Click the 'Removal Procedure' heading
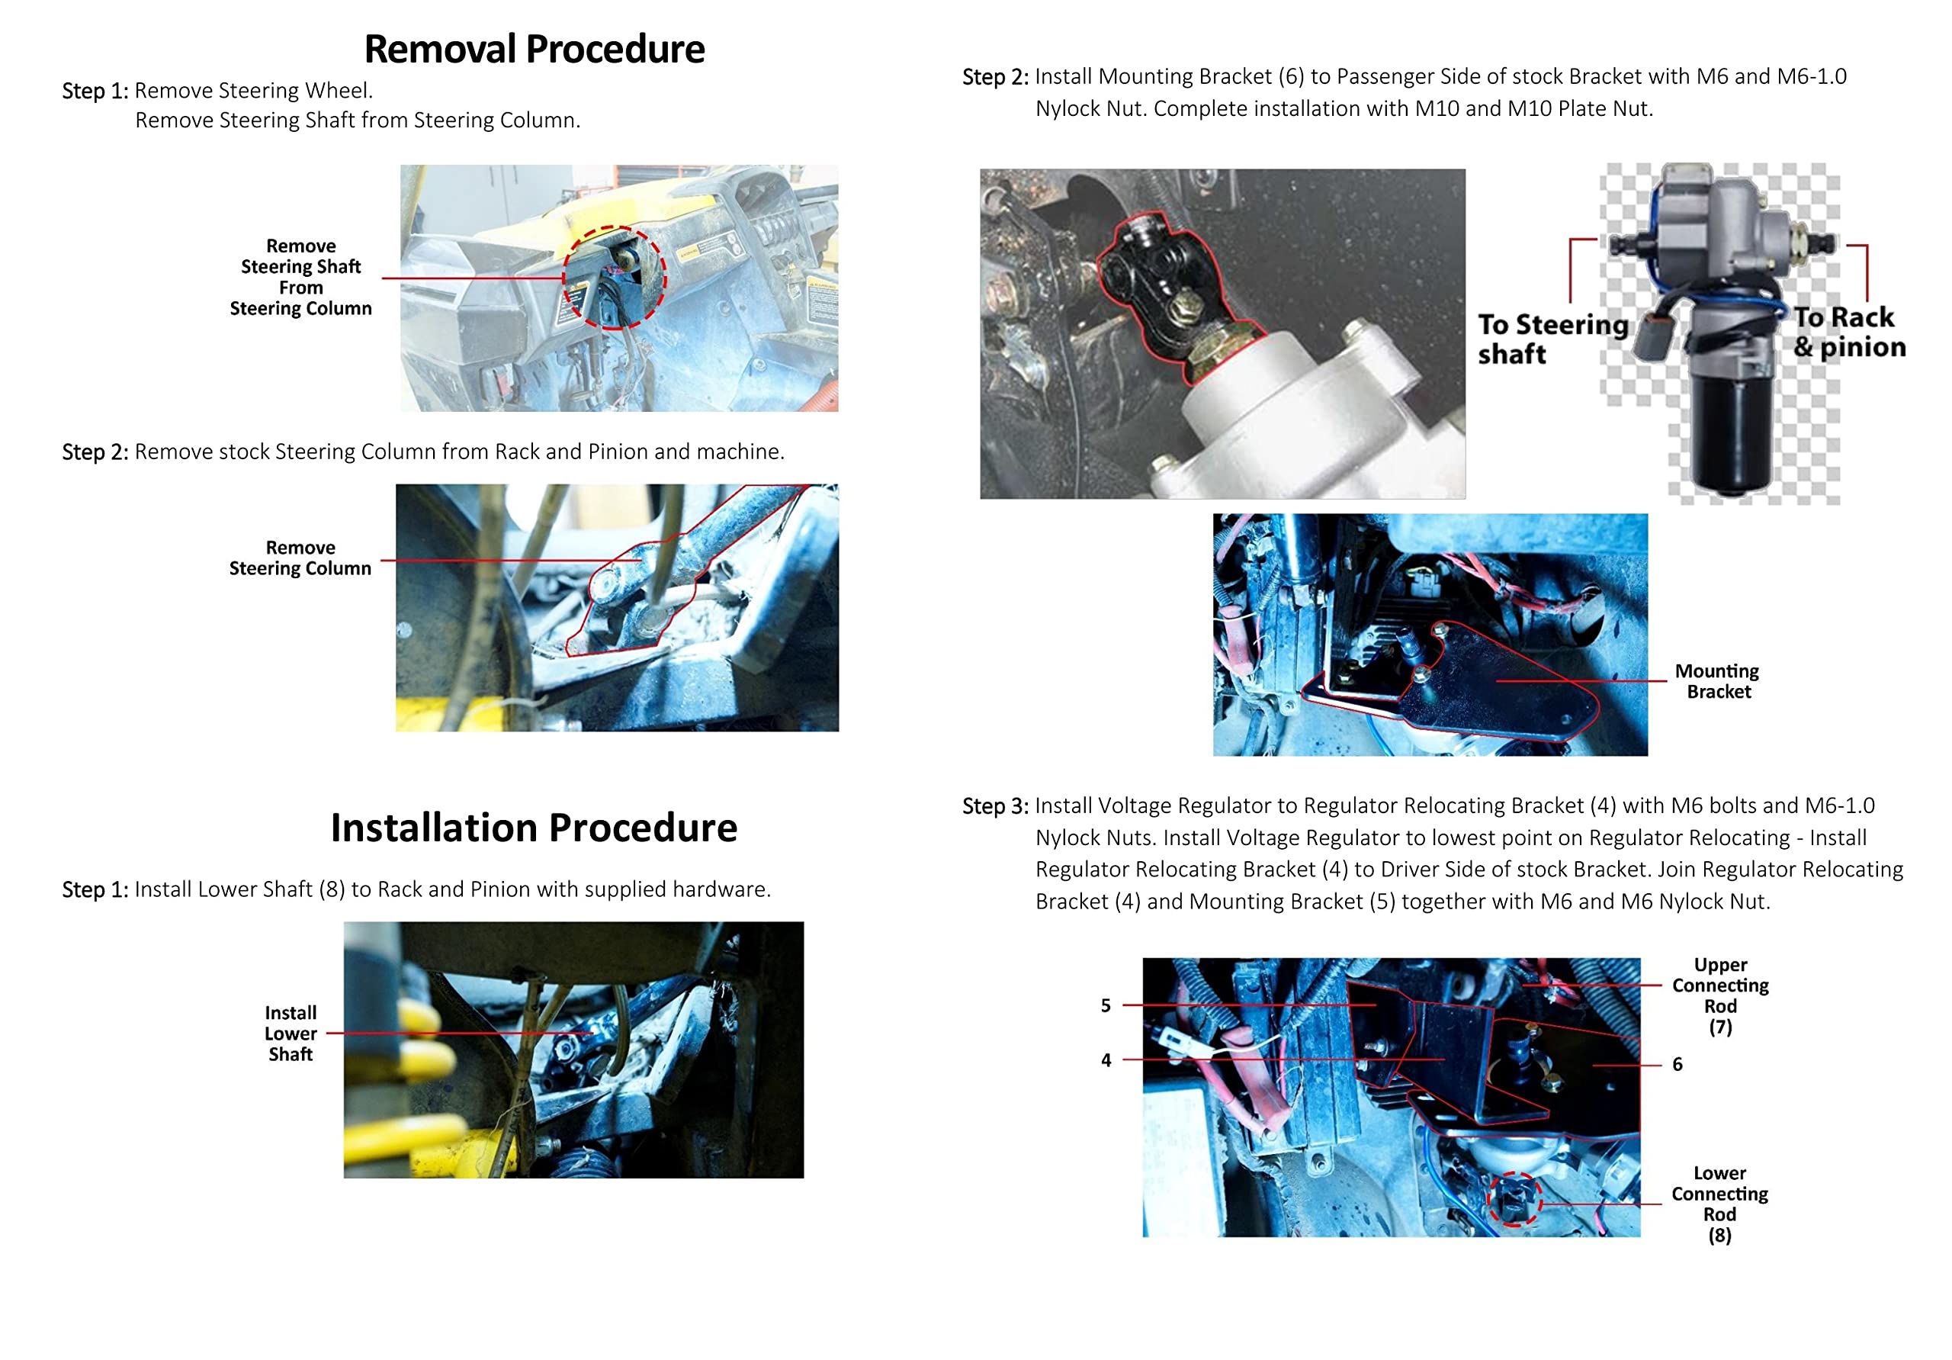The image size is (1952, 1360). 534,50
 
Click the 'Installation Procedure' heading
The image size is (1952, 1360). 534,828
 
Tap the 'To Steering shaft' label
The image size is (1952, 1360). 1552,339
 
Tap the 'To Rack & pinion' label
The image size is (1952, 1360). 1850,332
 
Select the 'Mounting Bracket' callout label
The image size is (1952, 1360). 1717,681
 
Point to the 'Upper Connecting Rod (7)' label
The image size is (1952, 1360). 1720,995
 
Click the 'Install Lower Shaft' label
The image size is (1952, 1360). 291,1034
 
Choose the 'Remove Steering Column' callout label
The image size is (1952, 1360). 300,558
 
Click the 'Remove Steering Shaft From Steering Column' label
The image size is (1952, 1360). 301,278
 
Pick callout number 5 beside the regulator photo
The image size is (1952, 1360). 1105,1005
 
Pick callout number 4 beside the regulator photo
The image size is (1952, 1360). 1105,1059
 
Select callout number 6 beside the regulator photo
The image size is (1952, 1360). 1677,1064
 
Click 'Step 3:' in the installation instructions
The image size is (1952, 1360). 995,806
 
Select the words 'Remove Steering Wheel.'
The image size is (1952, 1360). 253,90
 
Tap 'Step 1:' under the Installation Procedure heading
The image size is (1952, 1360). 95,889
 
